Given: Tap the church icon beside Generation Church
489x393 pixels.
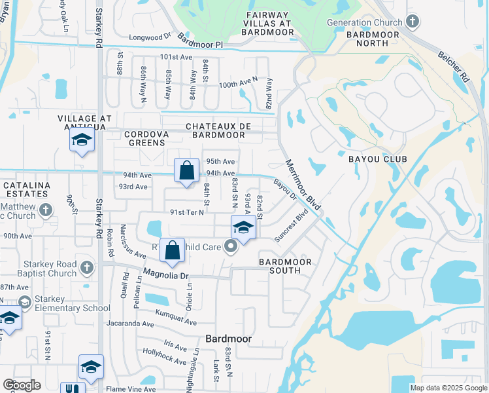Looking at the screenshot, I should click(412, 22).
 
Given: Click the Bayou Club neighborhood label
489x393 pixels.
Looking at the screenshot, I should click(373, 159).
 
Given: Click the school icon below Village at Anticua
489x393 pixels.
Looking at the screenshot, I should click(82, 140).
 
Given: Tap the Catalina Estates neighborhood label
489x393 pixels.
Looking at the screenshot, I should click(27, 190).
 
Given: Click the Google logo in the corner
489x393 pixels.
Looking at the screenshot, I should click(22, 385).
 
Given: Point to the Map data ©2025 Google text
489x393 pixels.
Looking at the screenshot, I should click(448, 388).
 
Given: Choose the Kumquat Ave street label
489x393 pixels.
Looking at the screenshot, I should click(176, 322).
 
